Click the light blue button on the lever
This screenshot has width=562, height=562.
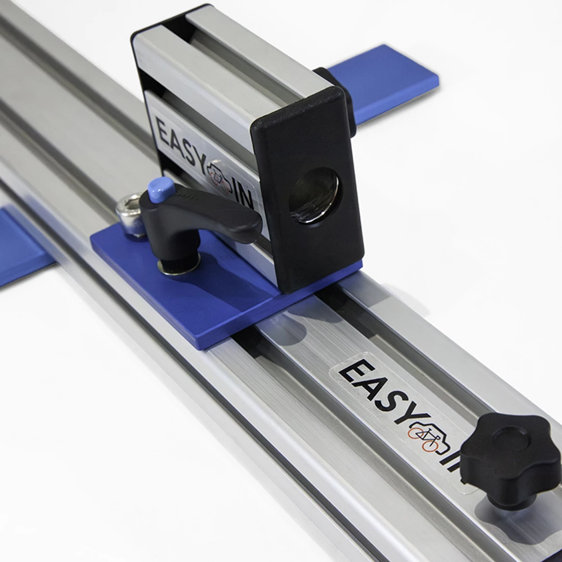pos(161,190)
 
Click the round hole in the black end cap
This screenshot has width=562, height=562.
pos(314,195)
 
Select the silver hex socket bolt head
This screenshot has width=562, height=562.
pos(130,214)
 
